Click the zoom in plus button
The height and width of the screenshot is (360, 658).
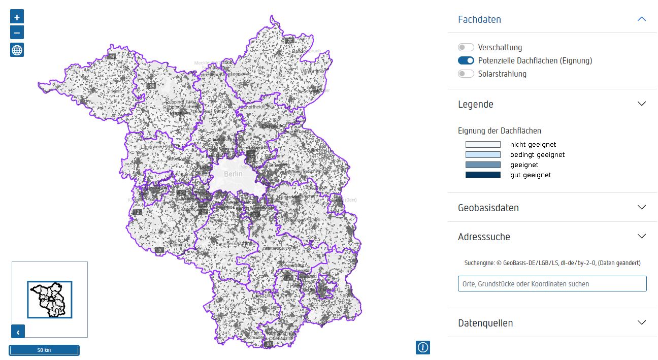click(17, 17)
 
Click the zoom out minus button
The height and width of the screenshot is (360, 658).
click(17, 33)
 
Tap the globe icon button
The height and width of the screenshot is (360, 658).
click(17, 50)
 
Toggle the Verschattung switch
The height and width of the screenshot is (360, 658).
click(466, 47)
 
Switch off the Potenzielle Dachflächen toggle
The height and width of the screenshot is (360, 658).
click(466, 60)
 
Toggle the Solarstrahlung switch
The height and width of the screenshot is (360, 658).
click(466, 74)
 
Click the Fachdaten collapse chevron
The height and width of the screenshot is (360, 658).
click(641, 19)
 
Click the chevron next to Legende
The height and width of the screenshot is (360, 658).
click(641, 104)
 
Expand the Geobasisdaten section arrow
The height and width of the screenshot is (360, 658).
click(641, 207)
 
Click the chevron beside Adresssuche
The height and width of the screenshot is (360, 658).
click(641, 236)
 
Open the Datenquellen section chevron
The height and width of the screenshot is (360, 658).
click(641, 322)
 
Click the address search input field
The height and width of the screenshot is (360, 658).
click(552, 284)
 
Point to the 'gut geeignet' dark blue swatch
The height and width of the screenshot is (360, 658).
click(483, 175)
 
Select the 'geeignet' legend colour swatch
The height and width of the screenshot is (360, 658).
click(483, 165)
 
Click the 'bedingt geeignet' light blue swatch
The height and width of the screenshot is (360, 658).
click(483, 155)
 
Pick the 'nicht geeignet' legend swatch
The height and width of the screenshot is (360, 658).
click(483, 145)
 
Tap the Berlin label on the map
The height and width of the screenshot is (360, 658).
click(234, 174)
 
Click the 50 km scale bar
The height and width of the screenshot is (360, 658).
click(44, 350)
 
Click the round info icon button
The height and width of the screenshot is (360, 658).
click(422, 347)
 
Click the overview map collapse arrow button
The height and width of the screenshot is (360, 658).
click(18, 332)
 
